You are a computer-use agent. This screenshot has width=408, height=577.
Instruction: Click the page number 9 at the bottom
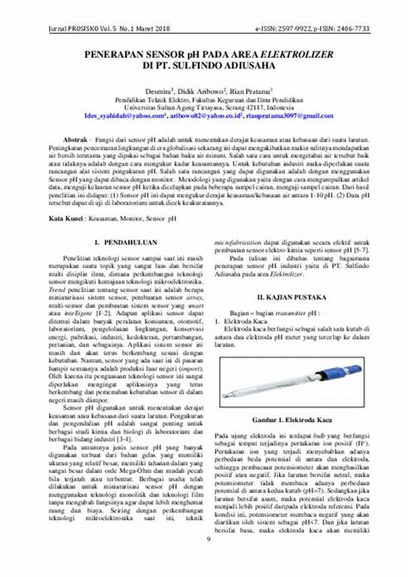(208, 560)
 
